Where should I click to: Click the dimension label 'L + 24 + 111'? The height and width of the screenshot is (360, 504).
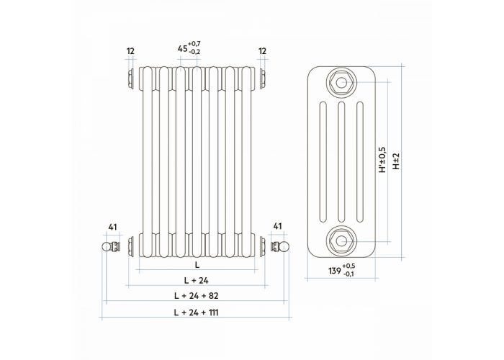(196, 312)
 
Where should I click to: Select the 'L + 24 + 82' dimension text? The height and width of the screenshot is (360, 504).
(196, 295)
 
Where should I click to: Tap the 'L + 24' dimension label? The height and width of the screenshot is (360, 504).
(196, 280)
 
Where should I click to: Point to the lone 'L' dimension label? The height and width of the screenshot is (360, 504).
(197, 265)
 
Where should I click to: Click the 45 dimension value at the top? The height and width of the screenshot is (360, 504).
(183, 48)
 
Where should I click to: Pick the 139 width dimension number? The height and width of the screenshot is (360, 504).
(335, 271)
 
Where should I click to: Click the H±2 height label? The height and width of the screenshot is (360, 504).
(396, 161)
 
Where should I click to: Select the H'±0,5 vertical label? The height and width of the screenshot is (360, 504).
(382, 160)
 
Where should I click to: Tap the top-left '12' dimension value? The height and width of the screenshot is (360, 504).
(130, 51)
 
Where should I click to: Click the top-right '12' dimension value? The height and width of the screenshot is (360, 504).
(262, 51)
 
